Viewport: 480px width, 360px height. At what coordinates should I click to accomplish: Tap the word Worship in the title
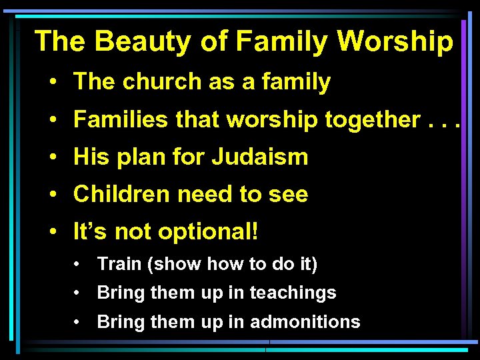coord(395,41)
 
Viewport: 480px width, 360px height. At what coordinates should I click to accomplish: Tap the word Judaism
coord(260,157)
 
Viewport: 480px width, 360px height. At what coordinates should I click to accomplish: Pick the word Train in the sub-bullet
coord(120,264)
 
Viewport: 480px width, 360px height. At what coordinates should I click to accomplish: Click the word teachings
coord(293,293)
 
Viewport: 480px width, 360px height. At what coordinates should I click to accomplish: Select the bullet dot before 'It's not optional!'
coord(51,233)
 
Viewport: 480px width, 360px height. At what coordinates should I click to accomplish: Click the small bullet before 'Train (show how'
coord(79,265)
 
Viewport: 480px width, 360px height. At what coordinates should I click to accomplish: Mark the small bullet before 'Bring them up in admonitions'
coord(79,323)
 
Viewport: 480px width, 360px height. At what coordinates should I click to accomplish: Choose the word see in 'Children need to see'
coord(288,195)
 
